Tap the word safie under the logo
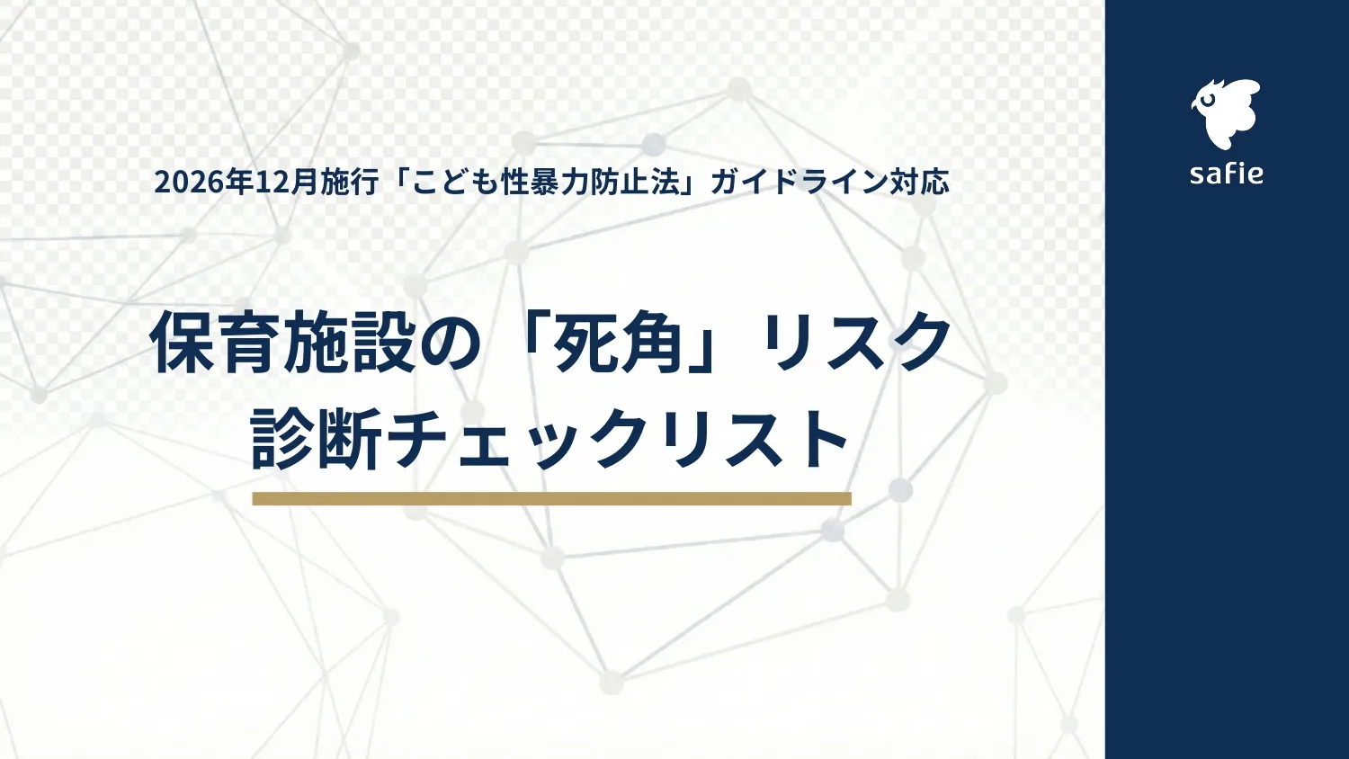click(1226, 173)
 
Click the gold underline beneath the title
click(551, 498)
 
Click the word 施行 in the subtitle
click(351, 183)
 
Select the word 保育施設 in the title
click(282, 343)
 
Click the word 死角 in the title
click(619, 343)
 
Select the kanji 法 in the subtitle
click(664, 183)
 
